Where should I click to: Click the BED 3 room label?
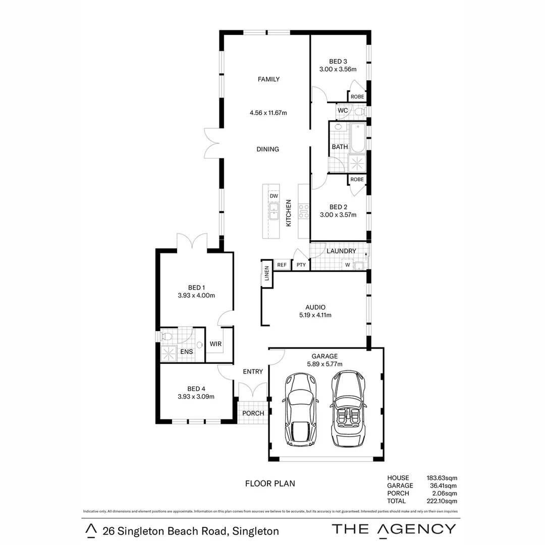[x=338, y=62]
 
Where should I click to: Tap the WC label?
[x=342, y=110]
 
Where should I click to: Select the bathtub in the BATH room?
[x=358, y=138]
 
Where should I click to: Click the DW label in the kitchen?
[x=274, y=196]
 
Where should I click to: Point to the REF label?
[x=282, y=265]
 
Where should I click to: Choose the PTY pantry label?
[x=301, y=265]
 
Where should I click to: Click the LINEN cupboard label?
[x=266, y=275]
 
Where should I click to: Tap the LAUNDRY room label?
[x=341, y=251]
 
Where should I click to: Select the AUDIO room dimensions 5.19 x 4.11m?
[x=315, y=315]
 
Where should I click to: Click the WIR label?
[x=215, y=344]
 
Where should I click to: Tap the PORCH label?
[x=253, y=413]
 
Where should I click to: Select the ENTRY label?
[x=253, y=371]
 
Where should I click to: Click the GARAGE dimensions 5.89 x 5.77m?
[x=325, y=364]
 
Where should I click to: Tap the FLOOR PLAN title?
[x=270, y=483]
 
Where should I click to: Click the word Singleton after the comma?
[x=255, y=531]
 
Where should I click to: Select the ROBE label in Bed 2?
[x=357, y=180]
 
